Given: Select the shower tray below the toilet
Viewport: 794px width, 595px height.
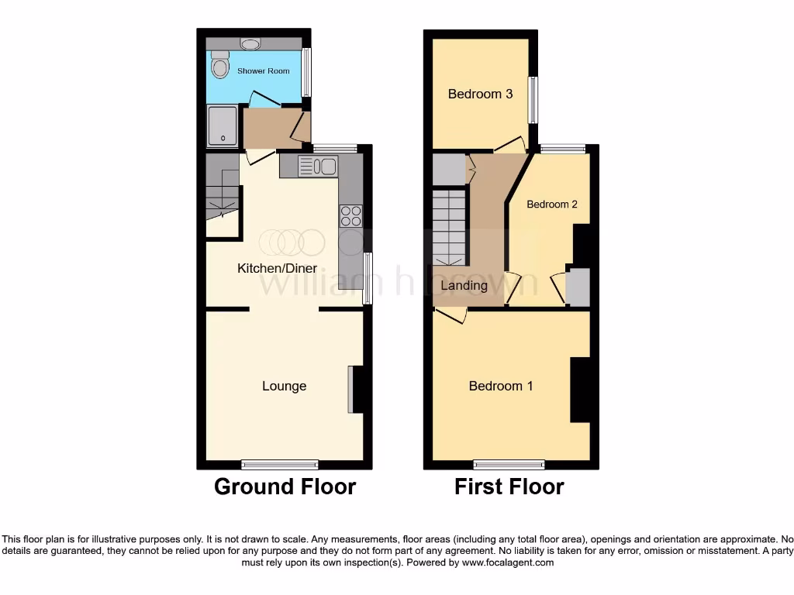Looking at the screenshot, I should (x=223, y=126).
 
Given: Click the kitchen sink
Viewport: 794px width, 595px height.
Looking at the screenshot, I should (x=316, y=166).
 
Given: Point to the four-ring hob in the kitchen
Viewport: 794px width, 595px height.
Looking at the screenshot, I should (x=350, y=215).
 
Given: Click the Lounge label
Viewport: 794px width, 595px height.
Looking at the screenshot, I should (x=284, y=386).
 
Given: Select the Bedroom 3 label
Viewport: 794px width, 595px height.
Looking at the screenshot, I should (x=480, y=94).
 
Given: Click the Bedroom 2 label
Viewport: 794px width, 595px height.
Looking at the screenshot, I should (x=552, y=205).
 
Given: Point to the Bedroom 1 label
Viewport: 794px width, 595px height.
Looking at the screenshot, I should (x=501, y=386).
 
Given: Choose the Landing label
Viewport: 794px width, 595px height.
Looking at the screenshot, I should (x=464, y=285).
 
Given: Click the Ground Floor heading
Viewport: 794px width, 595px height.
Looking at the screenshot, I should (x=285, y=487).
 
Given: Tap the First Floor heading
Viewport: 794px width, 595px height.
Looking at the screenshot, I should (x=509, y=487).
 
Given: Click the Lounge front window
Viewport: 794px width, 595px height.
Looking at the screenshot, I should (x=279, y=464).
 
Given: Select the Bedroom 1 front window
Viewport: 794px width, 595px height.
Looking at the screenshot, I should (x=509, y=464).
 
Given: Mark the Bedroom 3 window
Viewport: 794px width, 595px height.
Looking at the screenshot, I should (x=533, y=99).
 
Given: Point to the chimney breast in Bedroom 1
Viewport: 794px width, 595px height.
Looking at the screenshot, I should (x=580, y=390).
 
